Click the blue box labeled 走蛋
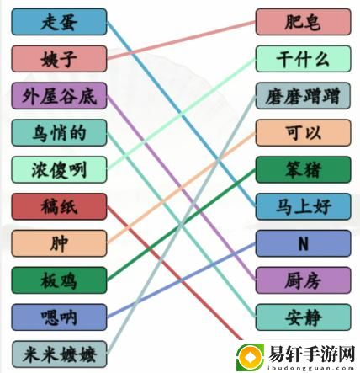click(59, 22)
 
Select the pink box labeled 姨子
click(59, 59)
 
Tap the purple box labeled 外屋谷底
click(59, 96)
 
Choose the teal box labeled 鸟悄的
click(59, 133)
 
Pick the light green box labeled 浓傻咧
click(59, 170)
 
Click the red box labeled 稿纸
click(59, 206)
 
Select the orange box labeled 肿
click(59, 243)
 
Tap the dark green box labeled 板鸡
click(59, 280)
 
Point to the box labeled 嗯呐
click(59, 317)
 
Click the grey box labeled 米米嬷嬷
click(59, 354)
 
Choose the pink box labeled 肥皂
click(303, 22)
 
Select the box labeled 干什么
click(303, 59)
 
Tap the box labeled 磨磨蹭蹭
click(303, 96)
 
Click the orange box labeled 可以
click(303, 133)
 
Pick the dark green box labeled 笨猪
click(303, 170)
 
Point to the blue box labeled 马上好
click(303, 206)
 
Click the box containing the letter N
click(303, 243)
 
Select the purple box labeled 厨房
click(303, 280)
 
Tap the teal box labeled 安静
click(303, 317)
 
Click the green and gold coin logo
click(250, 357)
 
